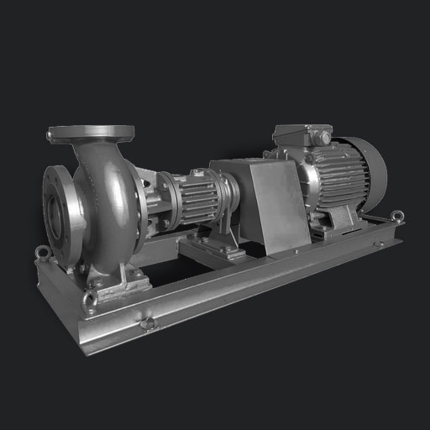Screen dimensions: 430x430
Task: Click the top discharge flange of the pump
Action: pyautogui.click(x=91, y=133)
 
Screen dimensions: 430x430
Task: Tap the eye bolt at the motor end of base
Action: pyautogui.click(x=396, y=218)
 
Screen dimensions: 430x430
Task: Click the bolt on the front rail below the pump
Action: pyautogui.click(x=148, y=323)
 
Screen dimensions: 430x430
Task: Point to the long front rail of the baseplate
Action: pyautogui.click(x=252, y=286)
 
